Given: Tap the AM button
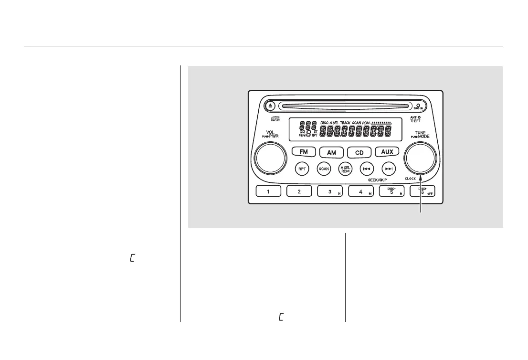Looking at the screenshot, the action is pos(331,152).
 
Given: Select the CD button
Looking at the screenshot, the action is pos(359,152).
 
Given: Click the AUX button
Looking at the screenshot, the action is pos(387,152).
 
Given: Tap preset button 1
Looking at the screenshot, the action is pos(268,191).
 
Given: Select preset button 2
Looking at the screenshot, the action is pos(299,191).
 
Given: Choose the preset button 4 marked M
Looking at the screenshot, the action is pos(361,191).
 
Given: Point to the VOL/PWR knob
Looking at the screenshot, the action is pos(269,158).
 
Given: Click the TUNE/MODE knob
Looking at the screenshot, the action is pos(420,158).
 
